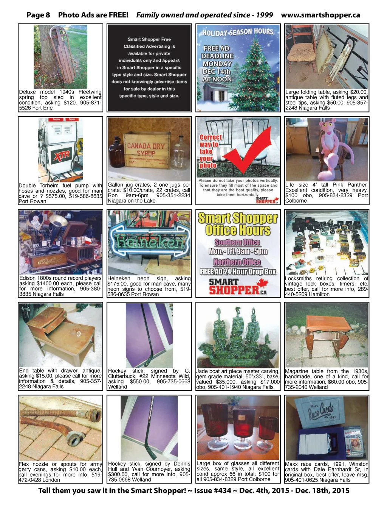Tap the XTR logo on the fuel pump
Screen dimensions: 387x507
coord(62,156)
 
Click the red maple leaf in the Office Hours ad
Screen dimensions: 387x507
coord(262,283)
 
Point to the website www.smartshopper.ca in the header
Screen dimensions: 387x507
coord(320,15)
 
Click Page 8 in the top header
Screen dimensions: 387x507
coord(38,15)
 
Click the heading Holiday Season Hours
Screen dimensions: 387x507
coord(238,32)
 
